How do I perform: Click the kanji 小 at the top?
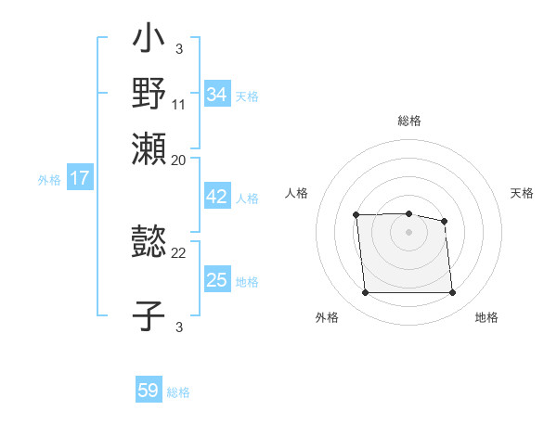tap(149, 40)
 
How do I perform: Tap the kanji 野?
tap(149, 93)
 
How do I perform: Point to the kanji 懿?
tap(149, 243)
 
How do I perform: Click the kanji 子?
tap(149, 315)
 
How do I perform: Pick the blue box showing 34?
tap(216, 95)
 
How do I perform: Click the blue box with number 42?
tap(216, 198)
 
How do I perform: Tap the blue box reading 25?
tap(216, 280)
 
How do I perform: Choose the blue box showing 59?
tap(149, 391)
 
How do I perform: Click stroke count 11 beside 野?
tap(180, 103)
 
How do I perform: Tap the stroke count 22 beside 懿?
tap(179, 252)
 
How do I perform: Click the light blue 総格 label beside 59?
tap(178, 392)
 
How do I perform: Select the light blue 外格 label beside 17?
tap(49, 180)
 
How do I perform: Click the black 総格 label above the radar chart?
tap(408, 121)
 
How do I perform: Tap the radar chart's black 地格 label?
tap(486, 318)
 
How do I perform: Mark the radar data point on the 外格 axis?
tap(365, 293)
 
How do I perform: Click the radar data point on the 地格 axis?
tap(452, 293)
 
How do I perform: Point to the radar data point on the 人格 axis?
tap(356, 215)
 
